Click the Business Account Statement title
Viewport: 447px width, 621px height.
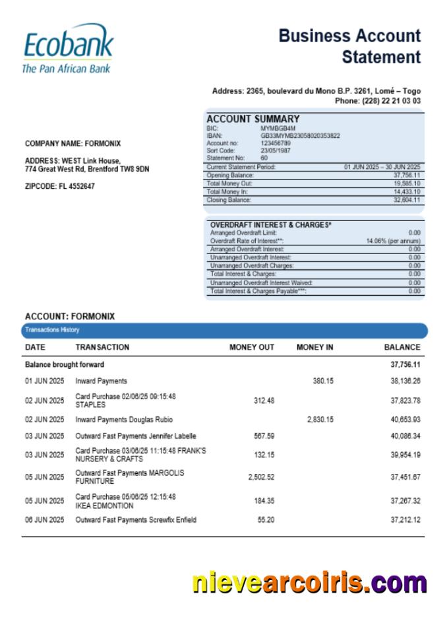(349, 46)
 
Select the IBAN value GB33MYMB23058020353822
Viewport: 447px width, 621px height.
(300, 135)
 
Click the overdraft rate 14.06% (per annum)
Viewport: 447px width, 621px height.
(393, 242)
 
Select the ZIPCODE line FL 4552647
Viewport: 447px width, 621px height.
(59, 186)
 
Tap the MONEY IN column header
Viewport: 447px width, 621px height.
(314, 347)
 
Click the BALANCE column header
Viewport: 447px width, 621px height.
(402, 347)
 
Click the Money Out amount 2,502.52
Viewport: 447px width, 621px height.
(261, 477)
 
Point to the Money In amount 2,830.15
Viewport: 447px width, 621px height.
(320, 419)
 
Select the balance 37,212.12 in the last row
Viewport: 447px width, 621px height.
(405, 520)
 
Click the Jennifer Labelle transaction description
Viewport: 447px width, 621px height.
(136, 436)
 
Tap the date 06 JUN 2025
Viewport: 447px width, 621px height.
(44, 520)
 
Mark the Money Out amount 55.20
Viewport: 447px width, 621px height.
(266, 520)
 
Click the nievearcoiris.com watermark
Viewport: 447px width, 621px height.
(309, 583)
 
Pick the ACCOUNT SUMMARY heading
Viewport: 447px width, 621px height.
(253, 119)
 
